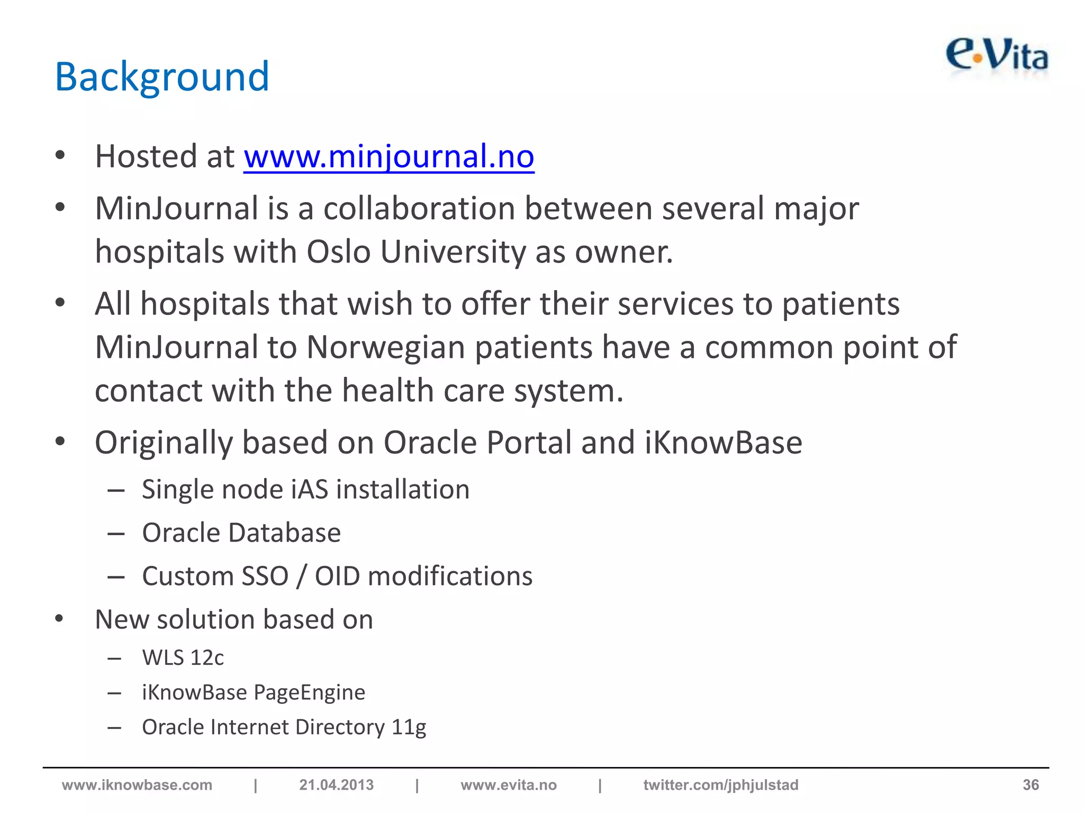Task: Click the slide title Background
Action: [x=162, y=77]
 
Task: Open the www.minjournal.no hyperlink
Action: [x=389, y=157]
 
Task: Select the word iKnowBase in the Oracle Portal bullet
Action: [x=723, y=442]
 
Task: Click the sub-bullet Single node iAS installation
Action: [x=305, y=489]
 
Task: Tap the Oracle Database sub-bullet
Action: [x=241, y=532]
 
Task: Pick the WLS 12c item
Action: [x=183, y=658]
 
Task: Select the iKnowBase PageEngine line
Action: [x=254, y=692]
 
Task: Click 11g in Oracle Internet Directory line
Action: [x=409, y=727]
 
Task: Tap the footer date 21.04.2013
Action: [x=336, y=785]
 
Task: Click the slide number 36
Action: [x=1030, y=785]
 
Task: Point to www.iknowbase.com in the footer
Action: [x=137, y=785]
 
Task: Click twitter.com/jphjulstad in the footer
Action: [x=720, y=785]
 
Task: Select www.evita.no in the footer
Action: [x=508, y=785]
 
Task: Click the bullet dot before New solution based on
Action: [x=59, y=618]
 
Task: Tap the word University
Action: [x=453, y=251]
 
